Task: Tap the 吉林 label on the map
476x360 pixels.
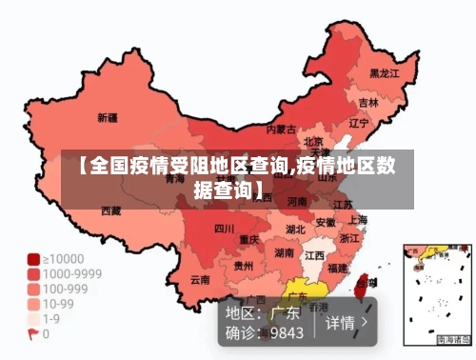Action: [x=368, y=102]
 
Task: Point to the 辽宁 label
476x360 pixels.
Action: [x=359, y=123]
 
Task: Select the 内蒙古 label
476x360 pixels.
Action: [x=281, y=129]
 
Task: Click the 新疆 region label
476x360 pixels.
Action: [x=108, y=119]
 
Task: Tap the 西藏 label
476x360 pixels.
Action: [x=111, y=210]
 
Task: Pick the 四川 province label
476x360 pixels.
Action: [x=224, y=229]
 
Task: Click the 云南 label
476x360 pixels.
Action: [x=200, y=280]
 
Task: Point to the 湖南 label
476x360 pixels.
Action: [x=284, y=253]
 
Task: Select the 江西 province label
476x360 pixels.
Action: [x=315, y=255]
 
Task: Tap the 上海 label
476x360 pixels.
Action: [x=357, y=220]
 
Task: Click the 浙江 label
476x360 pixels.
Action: [x=349, y=238]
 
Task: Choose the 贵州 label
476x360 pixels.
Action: [x=244, y=267]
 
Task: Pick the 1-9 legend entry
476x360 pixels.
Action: [x=52, y=319]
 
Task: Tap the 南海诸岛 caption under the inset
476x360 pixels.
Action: [x=453, y=340]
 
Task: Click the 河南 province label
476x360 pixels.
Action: [x=297, y=202]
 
